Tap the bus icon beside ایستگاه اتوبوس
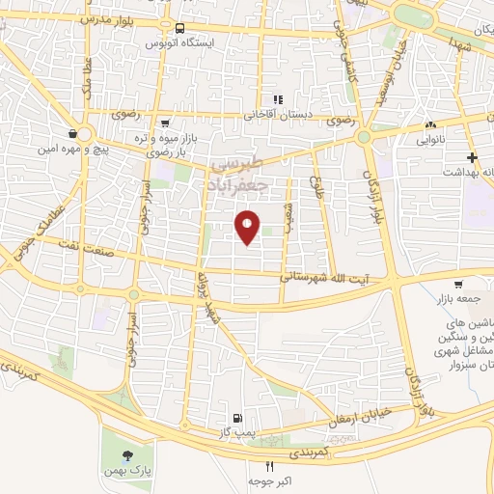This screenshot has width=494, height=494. (x=180, y=28)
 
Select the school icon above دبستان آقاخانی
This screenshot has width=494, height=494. (x=277, y=99)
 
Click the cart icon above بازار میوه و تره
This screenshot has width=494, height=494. (x=166, y=123)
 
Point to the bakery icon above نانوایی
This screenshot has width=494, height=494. (x=430, y=127)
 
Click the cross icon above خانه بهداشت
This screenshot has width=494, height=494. (x=472, y=157)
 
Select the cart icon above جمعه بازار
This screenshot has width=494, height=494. (x=457, y=284)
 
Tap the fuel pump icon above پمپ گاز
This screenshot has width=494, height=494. (x=235, y=418)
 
